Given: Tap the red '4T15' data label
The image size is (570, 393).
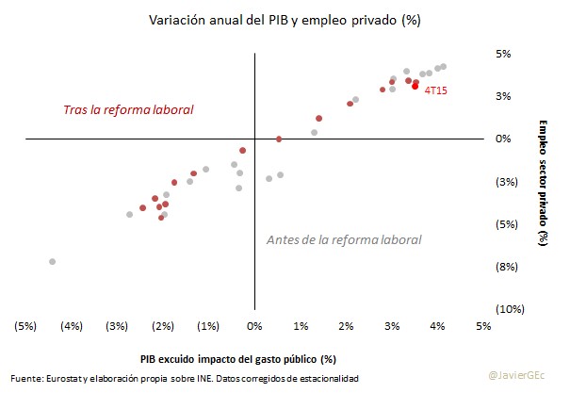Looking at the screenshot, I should (x=436, y=91).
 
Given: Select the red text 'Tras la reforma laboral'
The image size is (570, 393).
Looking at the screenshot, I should (x=128, y=110).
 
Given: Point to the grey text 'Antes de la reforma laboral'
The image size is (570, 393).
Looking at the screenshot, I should (x=344, y=239).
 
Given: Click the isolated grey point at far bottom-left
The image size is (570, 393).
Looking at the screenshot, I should (x=52, y=261).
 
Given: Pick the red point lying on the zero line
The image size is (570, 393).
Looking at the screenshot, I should (x=279, y=139).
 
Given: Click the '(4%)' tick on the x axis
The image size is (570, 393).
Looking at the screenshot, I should (x=71, y=326).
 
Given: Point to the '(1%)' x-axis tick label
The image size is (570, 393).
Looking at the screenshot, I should (x=208, y=326).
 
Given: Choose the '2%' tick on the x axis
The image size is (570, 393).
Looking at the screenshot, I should (x=346, y=326).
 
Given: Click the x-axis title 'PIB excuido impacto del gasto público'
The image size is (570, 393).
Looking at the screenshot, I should (x=238, y=359).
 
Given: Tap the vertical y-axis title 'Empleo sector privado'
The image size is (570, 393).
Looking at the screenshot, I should (x=544, y=183).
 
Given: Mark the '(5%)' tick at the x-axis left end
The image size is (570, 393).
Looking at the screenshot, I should (x=25, y=326).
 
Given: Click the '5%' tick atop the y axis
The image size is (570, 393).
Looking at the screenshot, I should (x=503, y=54).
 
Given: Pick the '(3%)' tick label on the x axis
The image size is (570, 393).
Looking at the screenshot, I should (x=117, y=326).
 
